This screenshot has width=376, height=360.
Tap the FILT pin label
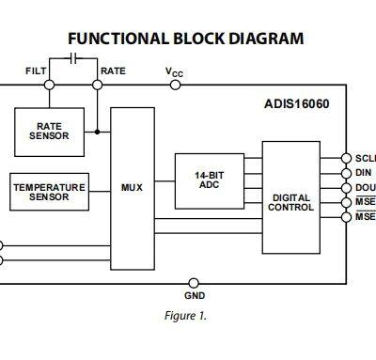coord(35,70)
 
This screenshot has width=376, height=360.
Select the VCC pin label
coord(174,70)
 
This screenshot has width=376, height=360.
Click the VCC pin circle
coord(175,85)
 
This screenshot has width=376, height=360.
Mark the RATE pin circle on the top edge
coord(98,85)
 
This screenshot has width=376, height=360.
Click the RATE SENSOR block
coord(49,131)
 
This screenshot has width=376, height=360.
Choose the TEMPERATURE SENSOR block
coord(48,192)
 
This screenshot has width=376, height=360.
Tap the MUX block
coord(132,188)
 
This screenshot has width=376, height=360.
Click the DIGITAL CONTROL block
coord(290,202)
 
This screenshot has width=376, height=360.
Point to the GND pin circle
coord(194,282)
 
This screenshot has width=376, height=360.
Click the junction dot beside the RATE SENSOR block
coord(98,132)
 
